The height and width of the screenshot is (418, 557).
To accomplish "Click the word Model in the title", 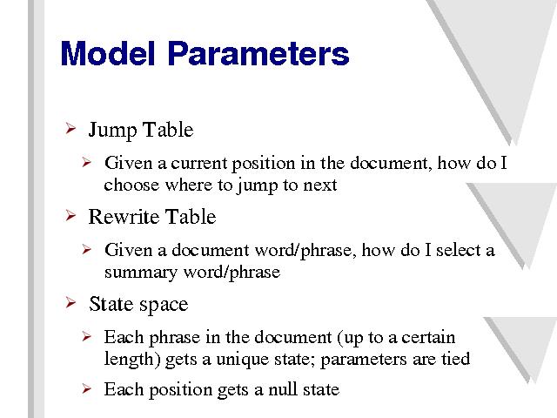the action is (108, 53).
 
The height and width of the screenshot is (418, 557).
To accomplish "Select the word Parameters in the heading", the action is (258, 53).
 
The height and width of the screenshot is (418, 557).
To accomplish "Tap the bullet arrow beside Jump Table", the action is (70, 128).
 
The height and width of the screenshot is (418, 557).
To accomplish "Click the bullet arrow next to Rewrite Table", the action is (70, 215).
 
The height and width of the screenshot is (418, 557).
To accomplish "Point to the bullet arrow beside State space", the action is (70, 303).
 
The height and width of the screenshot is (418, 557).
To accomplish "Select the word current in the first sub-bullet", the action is (199, 164).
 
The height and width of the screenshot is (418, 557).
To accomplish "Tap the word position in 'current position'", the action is (263, 165).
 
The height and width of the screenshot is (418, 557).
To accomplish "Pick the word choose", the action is (131, 185).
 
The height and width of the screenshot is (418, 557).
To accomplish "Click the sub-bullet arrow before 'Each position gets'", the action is (86, 388).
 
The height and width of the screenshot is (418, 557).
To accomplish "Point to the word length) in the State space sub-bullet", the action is (132, 360).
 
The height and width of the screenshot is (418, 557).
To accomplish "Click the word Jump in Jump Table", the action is (113, 131).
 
